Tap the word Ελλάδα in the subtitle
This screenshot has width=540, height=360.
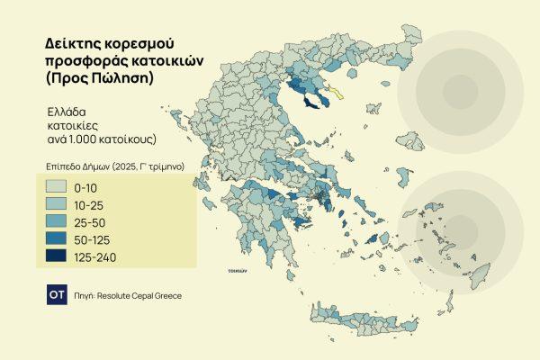pyautogui.click(x=68, y=112)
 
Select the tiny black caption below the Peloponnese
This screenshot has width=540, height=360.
pyautogui.click(x=238, y=269)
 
